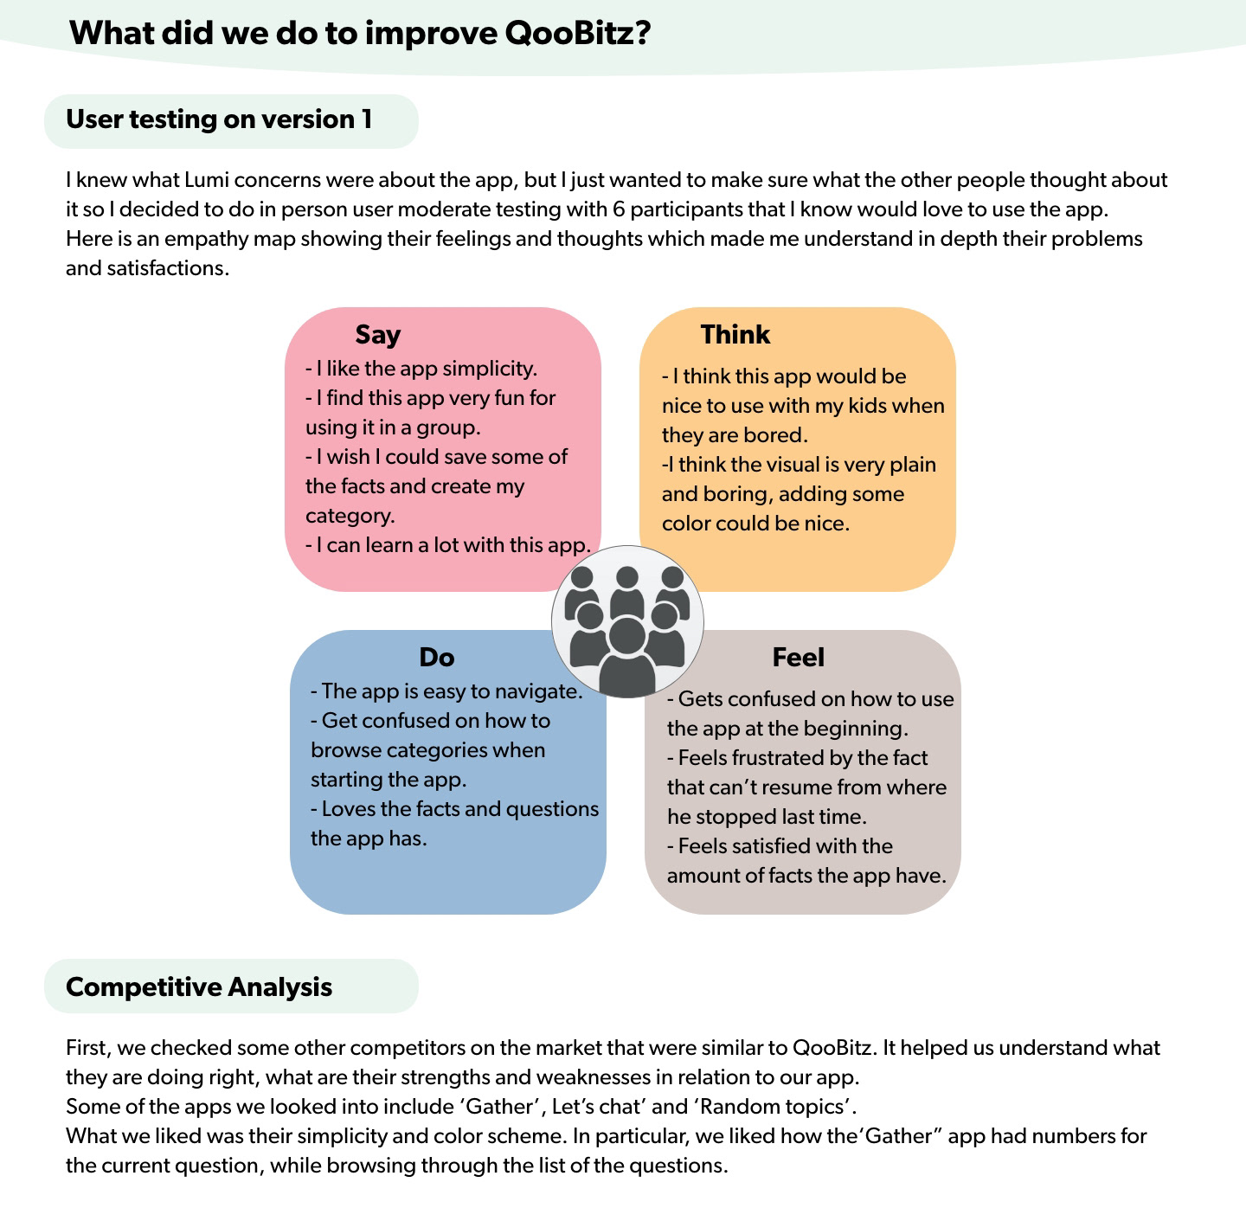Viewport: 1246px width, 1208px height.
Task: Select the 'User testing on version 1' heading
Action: (x=219, y=119)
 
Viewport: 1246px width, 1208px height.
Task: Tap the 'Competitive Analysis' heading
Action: (x=199, y=987)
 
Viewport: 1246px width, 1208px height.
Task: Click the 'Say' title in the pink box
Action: (x=377, y=335)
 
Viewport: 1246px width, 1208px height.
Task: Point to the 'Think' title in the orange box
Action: (x=735, y=335)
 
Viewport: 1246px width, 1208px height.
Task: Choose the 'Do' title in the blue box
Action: (x=436, y=658)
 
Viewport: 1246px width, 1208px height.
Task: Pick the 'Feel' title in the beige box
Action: (x=798, y=658)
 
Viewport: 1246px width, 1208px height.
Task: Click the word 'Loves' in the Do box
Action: (x=349, y=809)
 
